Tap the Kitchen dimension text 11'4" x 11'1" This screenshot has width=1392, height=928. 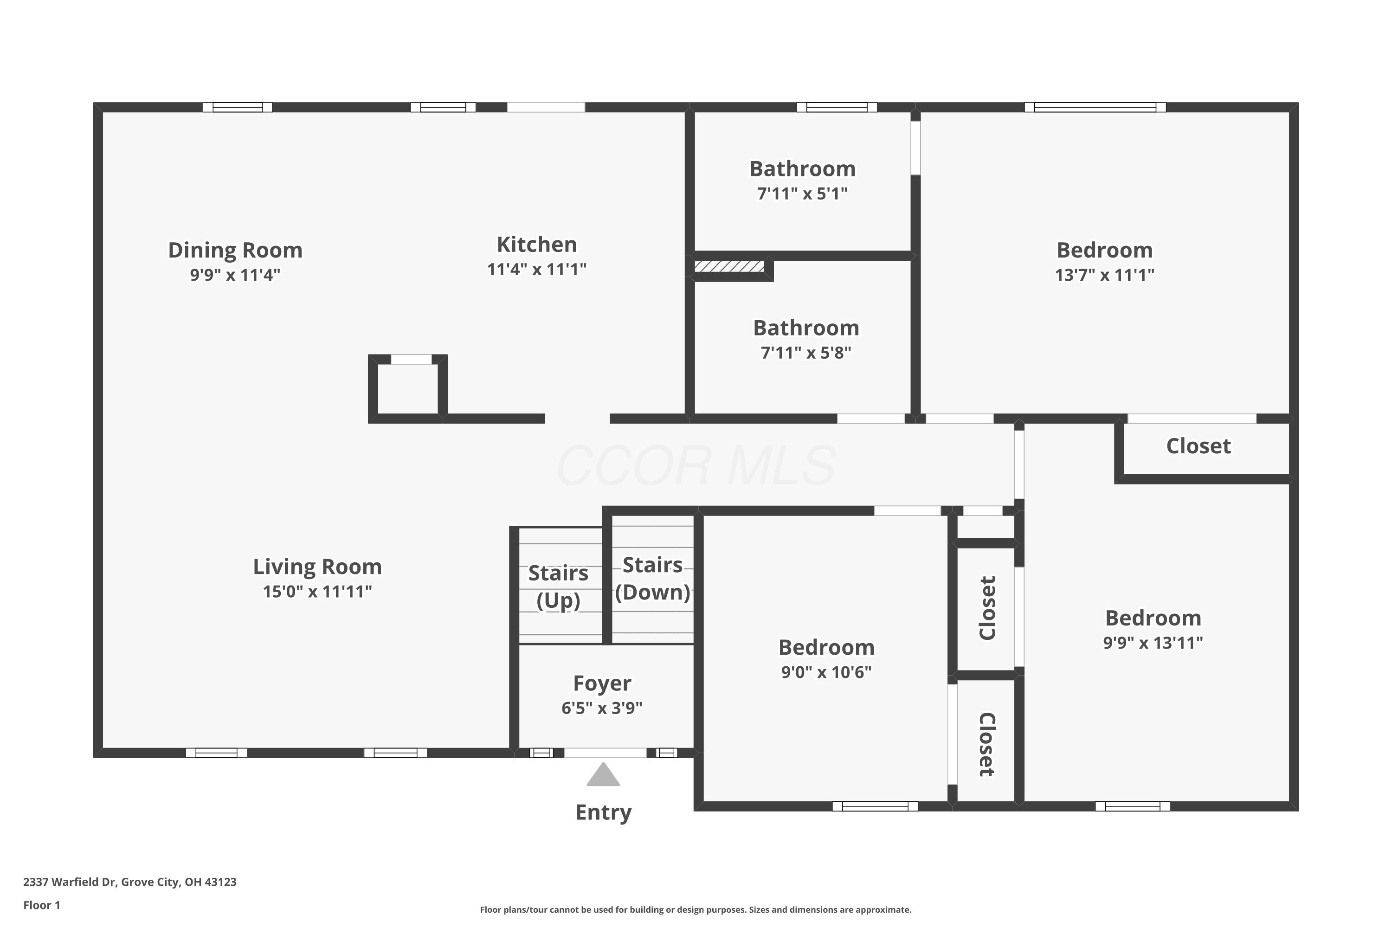coord(536,269)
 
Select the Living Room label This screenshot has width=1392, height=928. coord(317,567)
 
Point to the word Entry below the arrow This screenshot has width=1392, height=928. coord(603,812)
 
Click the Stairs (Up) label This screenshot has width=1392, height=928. coord(558,586)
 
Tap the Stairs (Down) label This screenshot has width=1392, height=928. coord(652,578)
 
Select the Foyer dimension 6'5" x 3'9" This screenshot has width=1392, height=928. coord(601,709)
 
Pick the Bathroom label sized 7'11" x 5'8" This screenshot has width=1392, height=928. coord(806,329)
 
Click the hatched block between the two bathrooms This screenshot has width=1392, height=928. coord(728,267)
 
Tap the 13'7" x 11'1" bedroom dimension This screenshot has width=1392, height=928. coord(1104,275)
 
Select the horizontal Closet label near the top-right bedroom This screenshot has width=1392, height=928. coord(1198,446)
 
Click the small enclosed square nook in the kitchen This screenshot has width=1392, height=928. coord(408,388)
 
